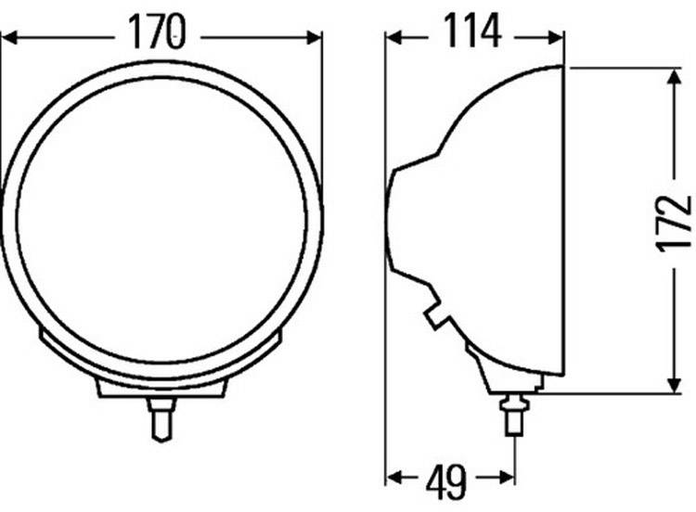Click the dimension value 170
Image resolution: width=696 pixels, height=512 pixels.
pos(158,34)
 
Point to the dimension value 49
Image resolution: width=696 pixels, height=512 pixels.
pos(448,479)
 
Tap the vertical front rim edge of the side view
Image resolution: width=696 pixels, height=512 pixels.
pos(563,223)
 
